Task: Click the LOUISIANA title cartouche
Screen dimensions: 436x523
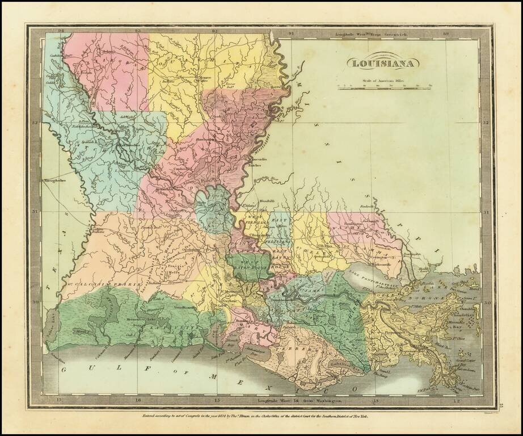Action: [383, 62]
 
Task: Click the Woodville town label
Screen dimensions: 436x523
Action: [267, 202]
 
